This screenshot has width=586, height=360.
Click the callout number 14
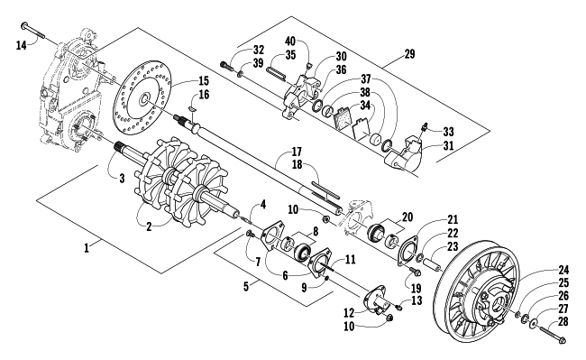tap(22, 46)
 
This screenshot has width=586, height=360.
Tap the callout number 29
tap(409, 54)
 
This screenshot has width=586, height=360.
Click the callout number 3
tap(122, 179)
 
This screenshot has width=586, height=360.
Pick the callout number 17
tap(297, 152)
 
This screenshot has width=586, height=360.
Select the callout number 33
tap(448, 132)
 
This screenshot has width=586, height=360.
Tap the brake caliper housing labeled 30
tap(300, 96)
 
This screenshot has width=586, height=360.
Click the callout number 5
tap(245, 287)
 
